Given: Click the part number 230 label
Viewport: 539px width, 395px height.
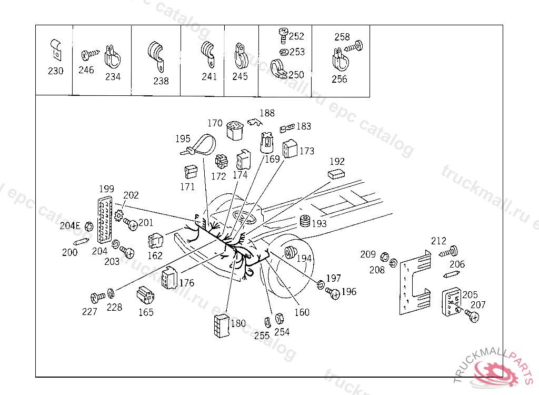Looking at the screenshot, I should [x=56, y=71].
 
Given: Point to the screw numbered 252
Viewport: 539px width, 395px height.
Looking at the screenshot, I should [x=283, y=35].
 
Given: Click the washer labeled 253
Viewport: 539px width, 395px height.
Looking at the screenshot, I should [x=284, y=52].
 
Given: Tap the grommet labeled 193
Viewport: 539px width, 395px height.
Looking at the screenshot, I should [x=304, y=222].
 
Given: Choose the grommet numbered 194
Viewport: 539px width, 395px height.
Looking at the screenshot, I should [x=291, y=252].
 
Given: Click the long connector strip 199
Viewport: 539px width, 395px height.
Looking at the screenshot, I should [x=106, y=219].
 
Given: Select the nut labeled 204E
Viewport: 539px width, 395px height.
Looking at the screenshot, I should [x=89, y=226].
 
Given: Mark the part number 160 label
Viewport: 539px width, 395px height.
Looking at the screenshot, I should [x=302, y=312].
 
